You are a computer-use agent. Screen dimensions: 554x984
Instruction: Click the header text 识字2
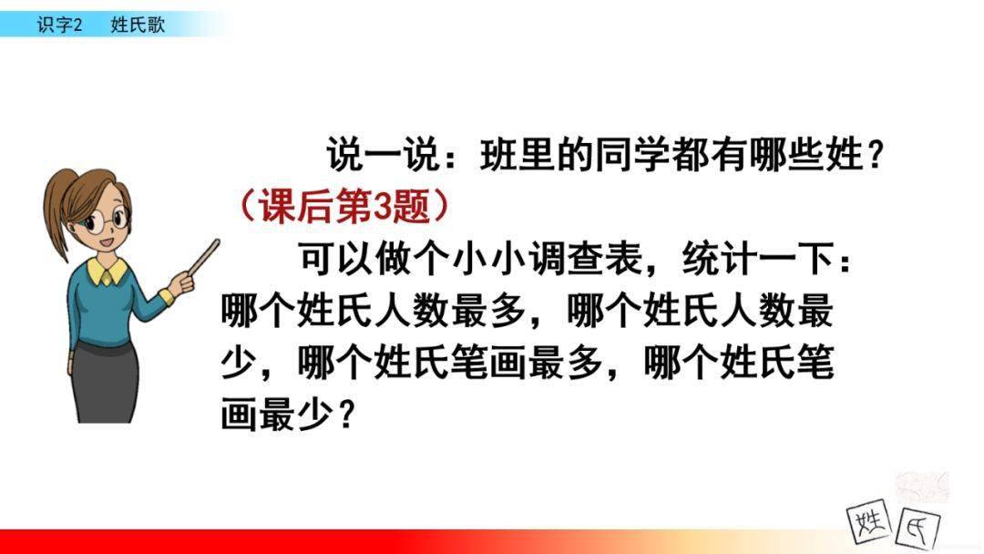[x=59, y=26]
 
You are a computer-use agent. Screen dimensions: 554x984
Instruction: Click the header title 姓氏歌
[x=138, y=26]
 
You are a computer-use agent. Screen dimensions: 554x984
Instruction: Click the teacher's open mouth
[x=107, y=242]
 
